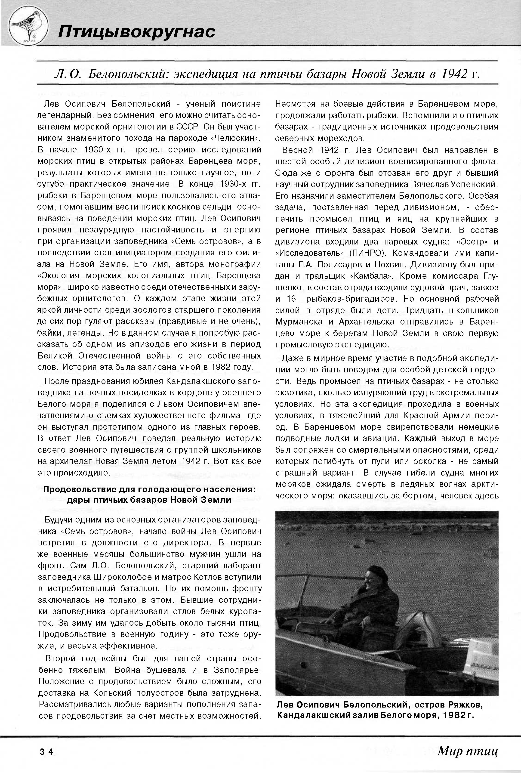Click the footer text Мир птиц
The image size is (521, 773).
468,751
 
